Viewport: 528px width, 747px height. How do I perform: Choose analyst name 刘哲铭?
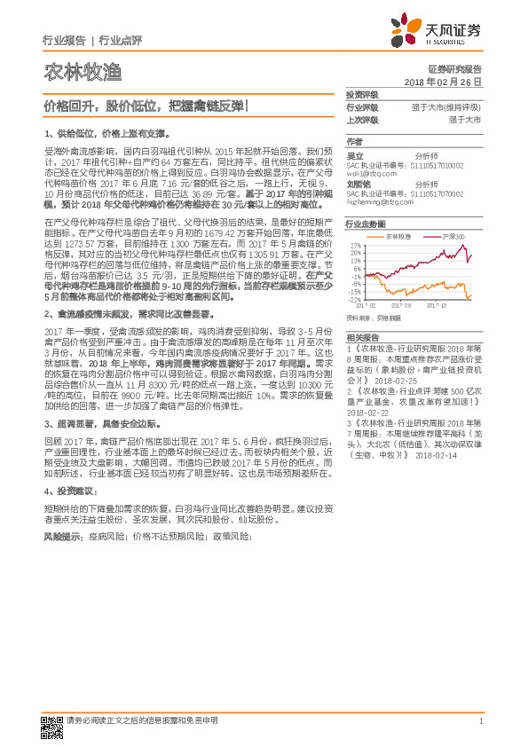pyautogui.click(x=358, y=184)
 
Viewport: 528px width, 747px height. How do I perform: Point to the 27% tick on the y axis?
pyautogui.click(x=355, y=245)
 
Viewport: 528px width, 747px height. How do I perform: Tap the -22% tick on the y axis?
pyautogui.click(x=354, y=299)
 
